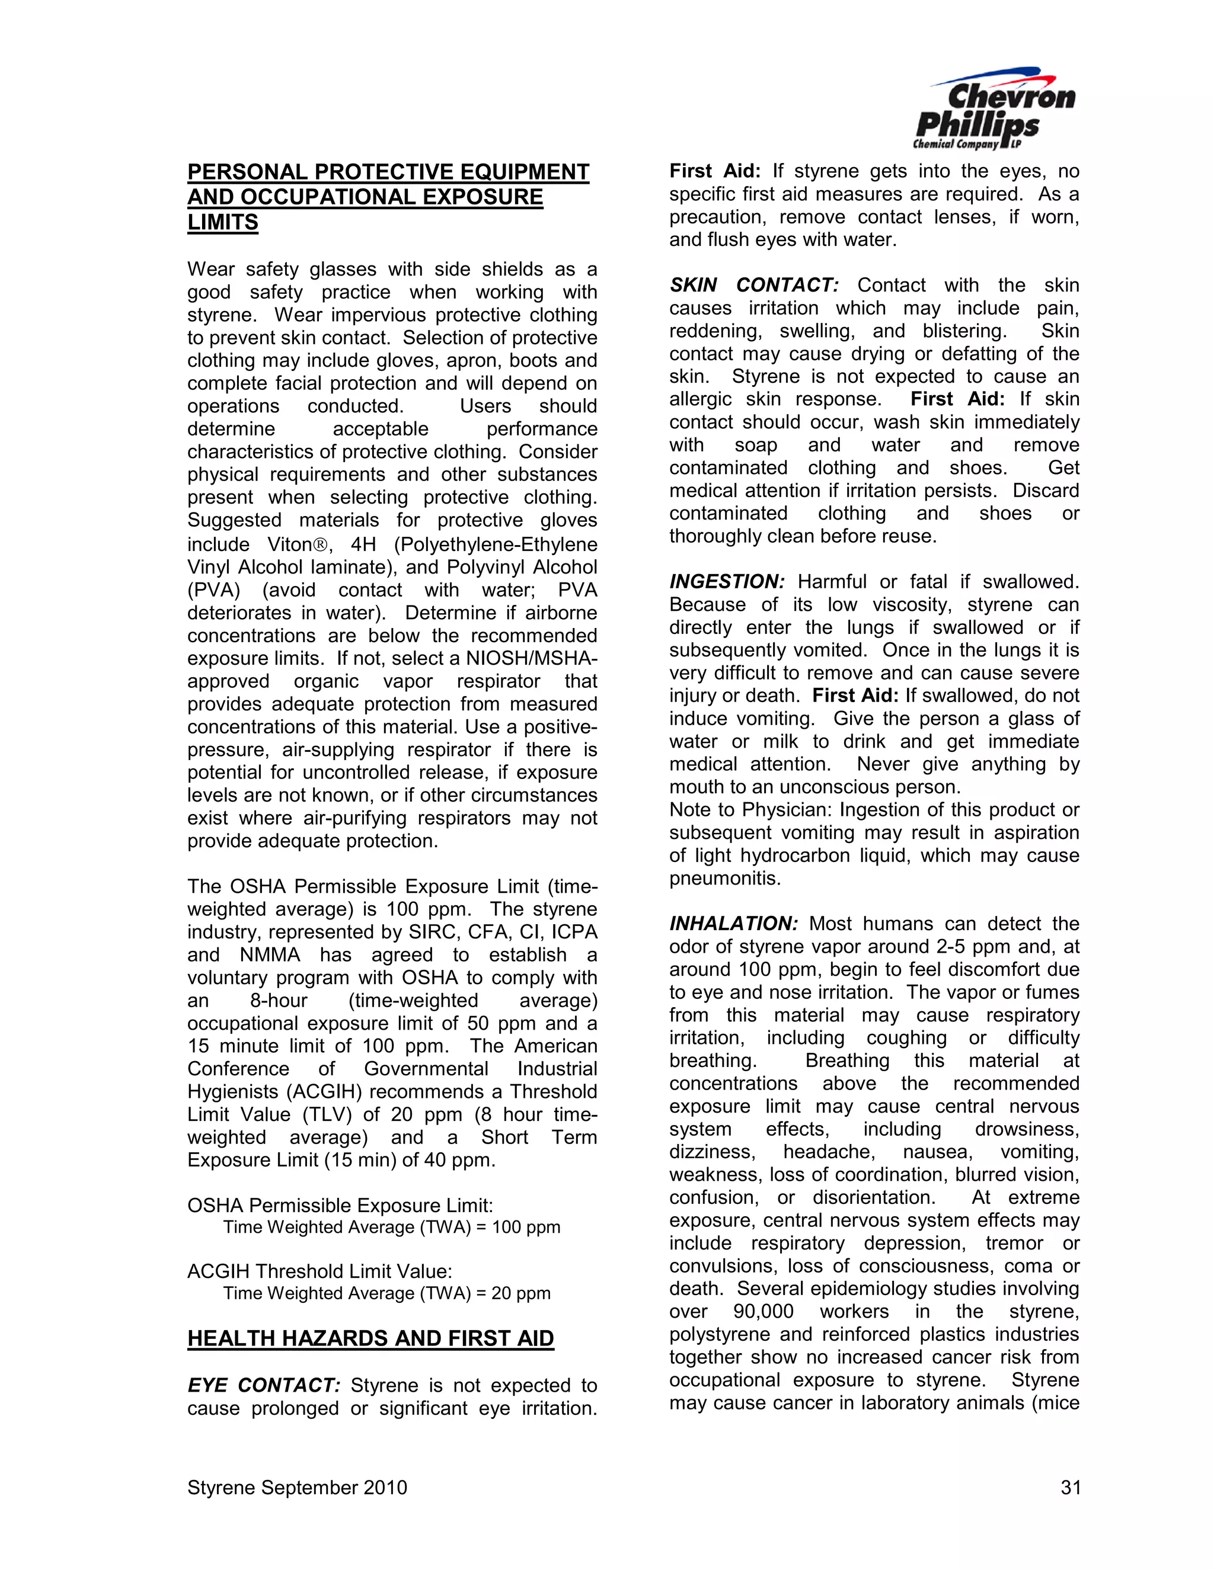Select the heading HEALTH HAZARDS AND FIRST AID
370,1338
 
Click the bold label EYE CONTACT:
264,1385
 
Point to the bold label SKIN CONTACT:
754,286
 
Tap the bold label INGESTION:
727,582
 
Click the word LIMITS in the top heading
222,222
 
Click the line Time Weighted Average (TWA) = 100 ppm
391,1227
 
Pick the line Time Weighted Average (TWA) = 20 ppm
386,1293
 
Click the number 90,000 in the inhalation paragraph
763,1311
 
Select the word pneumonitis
724,879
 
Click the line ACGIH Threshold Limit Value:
320,1271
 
